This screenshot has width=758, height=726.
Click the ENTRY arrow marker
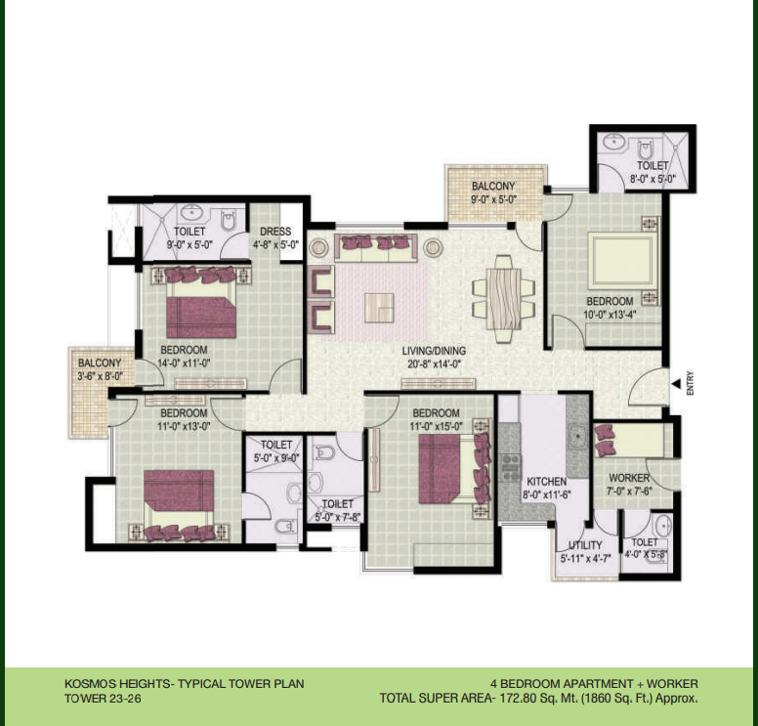tap(676, 384)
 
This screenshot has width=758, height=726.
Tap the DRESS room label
tap(275, 232)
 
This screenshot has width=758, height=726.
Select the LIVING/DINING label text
tap(434, 351)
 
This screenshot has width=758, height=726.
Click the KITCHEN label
tap(546, 482)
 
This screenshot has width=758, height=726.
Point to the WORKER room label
tap(629, 478)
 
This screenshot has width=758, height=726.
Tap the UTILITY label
tap(585, 545)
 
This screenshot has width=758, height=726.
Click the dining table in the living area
tap(504, 299)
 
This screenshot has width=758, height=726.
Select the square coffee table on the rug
tap(379, 308)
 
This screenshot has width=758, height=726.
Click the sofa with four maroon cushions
tap(376, 247)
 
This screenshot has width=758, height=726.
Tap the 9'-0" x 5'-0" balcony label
tap(494, 199)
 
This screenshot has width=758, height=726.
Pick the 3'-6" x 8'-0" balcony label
tap(100, 376)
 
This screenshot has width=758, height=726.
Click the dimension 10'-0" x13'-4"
tap(610, 315)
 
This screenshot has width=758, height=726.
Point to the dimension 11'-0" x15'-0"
tap(436, 427)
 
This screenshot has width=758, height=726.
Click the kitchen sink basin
tap(576, 436)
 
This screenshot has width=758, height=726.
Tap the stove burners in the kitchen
tap(510, 467)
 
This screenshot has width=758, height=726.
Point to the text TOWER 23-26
tap(103, 699)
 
